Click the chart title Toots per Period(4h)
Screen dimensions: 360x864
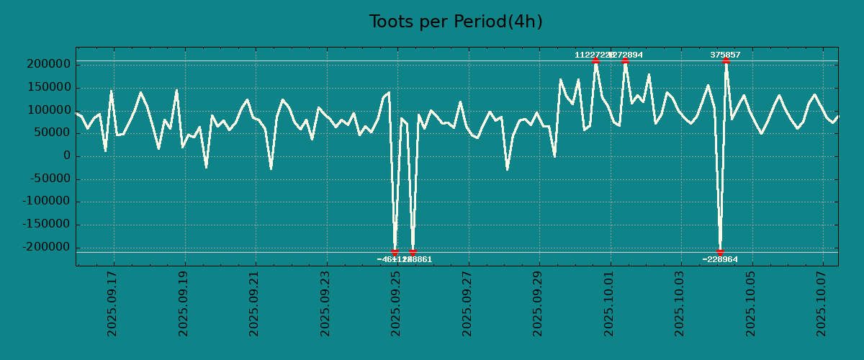(x=456, y=22)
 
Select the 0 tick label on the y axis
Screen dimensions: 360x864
(x=67, y=156)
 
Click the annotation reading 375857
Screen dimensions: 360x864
(x=725, y=55)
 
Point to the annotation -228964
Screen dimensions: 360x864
(x=720, y=259)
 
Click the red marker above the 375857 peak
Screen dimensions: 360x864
(x=726, y=61)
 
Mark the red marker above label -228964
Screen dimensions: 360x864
(x=720, y=252)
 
